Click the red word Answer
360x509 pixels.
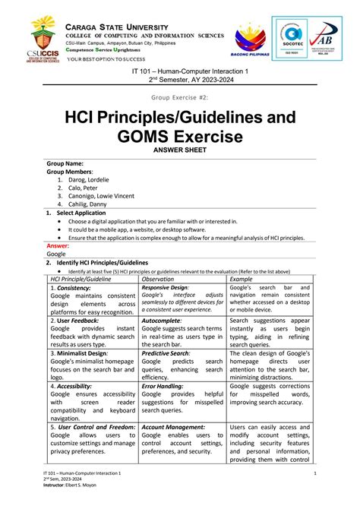click(58, 246)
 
